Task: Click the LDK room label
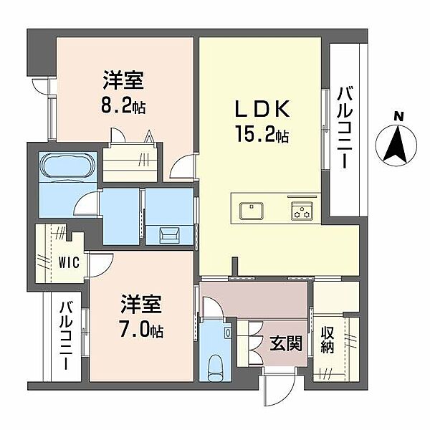point(263,109)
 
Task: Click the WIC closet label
point(69,262)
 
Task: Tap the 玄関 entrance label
point(286,343)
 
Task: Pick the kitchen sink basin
point(252,211)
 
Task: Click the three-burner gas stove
point(302,211)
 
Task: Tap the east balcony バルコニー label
point(343,128)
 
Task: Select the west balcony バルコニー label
point(67,335)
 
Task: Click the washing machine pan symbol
point(169,235)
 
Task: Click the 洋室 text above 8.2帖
point(123,80)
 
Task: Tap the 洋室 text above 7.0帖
point(141,304)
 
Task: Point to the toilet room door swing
point(213,307)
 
